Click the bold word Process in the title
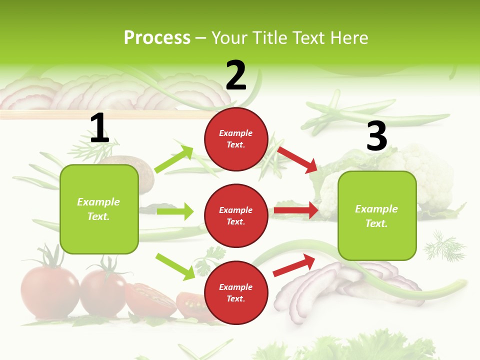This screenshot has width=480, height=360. tap(157, 38)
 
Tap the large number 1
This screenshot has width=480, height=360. tap(99, 128)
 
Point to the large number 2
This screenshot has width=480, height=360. tap(236, 75)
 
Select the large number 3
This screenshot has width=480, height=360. tap(376, 136)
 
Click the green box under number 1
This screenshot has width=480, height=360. tap(99, 209)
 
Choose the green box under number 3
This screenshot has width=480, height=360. tap(377, 215)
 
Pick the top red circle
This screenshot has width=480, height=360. tap(236, 139)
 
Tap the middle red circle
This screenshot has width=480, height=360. tap(236, 215)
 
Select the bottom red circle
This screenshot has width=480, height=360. tap(236, 292)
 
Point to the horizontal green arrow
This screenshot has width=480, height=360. tap(175, 211)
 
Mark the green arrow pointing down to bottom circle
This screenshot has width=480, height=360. tap(175, 266)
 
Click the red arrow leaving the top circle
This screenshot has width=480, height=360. tap(297, 159)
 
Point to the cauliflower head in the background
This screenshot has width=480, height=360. tap(425, 167)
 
